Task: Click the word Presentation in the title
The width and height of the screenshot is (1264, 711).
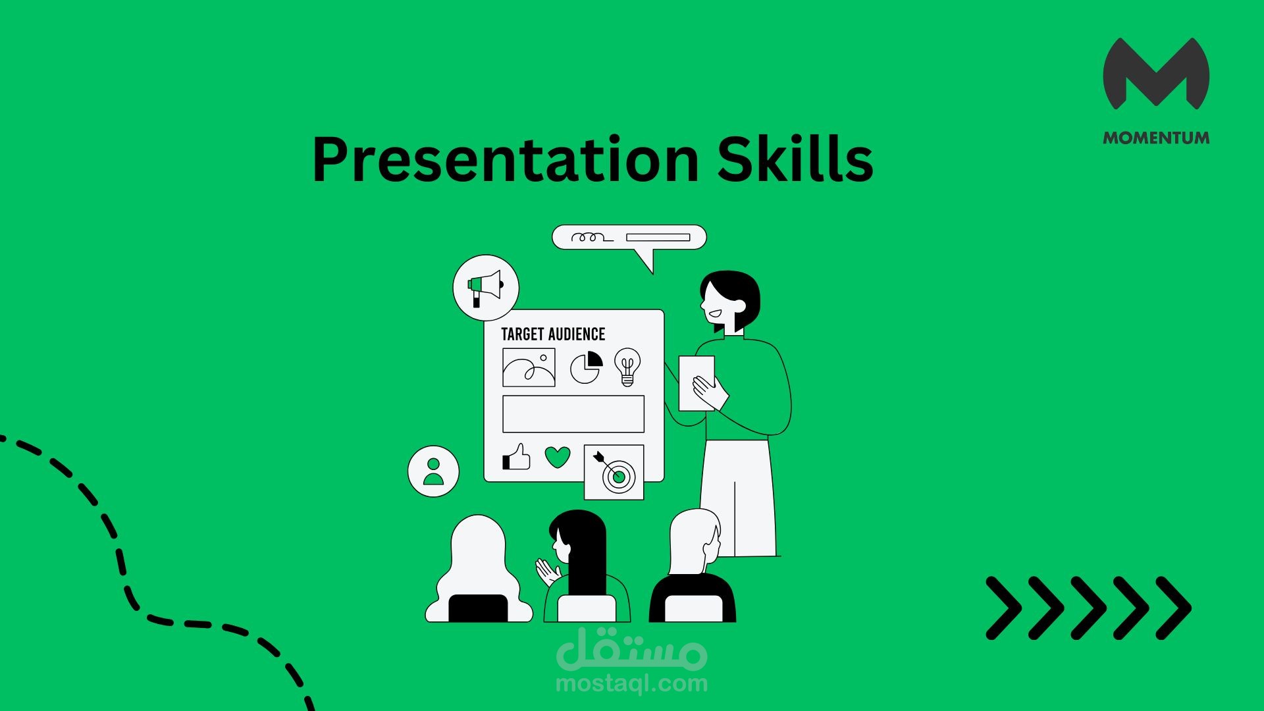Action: click(505, 159)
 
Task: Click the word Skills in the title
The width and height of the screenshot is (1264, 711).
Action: click(795, 158)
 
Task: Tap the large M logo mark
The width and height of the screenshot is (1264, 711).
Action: click(1156, 73)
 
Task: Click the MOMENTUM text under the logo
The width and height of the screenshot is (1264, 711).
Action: click(1156, 138)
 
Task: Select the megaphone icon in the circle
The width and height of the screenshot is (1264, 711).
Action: click(486, 288)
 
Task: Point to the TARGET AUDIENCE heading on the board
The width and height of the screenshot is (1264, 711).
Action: click(553, 334)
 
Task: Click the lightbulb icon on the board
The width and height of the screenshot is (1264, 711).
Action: click(627, 367)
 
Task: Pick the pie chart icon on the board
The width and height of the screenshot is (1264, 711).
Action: click(587, 367)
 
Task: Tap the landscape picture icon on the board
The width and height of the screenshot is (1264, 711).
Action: click(529, 367)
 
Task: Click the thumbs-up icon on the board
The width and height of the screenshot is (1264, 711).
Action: click(517, 456)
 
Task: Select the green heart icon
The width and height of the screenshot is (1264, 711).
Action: click(558, 457)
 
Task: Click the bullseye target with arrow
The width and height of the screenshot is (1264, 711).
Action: click(614, 471)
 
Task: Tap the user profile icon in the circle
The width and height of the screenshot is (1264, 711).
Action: click(433, 471)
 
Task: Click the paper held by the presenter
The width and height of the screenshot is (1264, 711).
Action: click(695, 383)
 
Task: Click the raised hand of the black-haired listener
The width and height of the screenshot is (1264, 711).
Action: click(546, 571)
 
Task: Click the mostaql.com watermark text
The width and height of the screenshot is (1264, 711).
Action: click(632, 683)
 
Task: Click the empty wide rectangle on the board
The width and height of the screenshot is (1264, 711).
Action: click(573, 414)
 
